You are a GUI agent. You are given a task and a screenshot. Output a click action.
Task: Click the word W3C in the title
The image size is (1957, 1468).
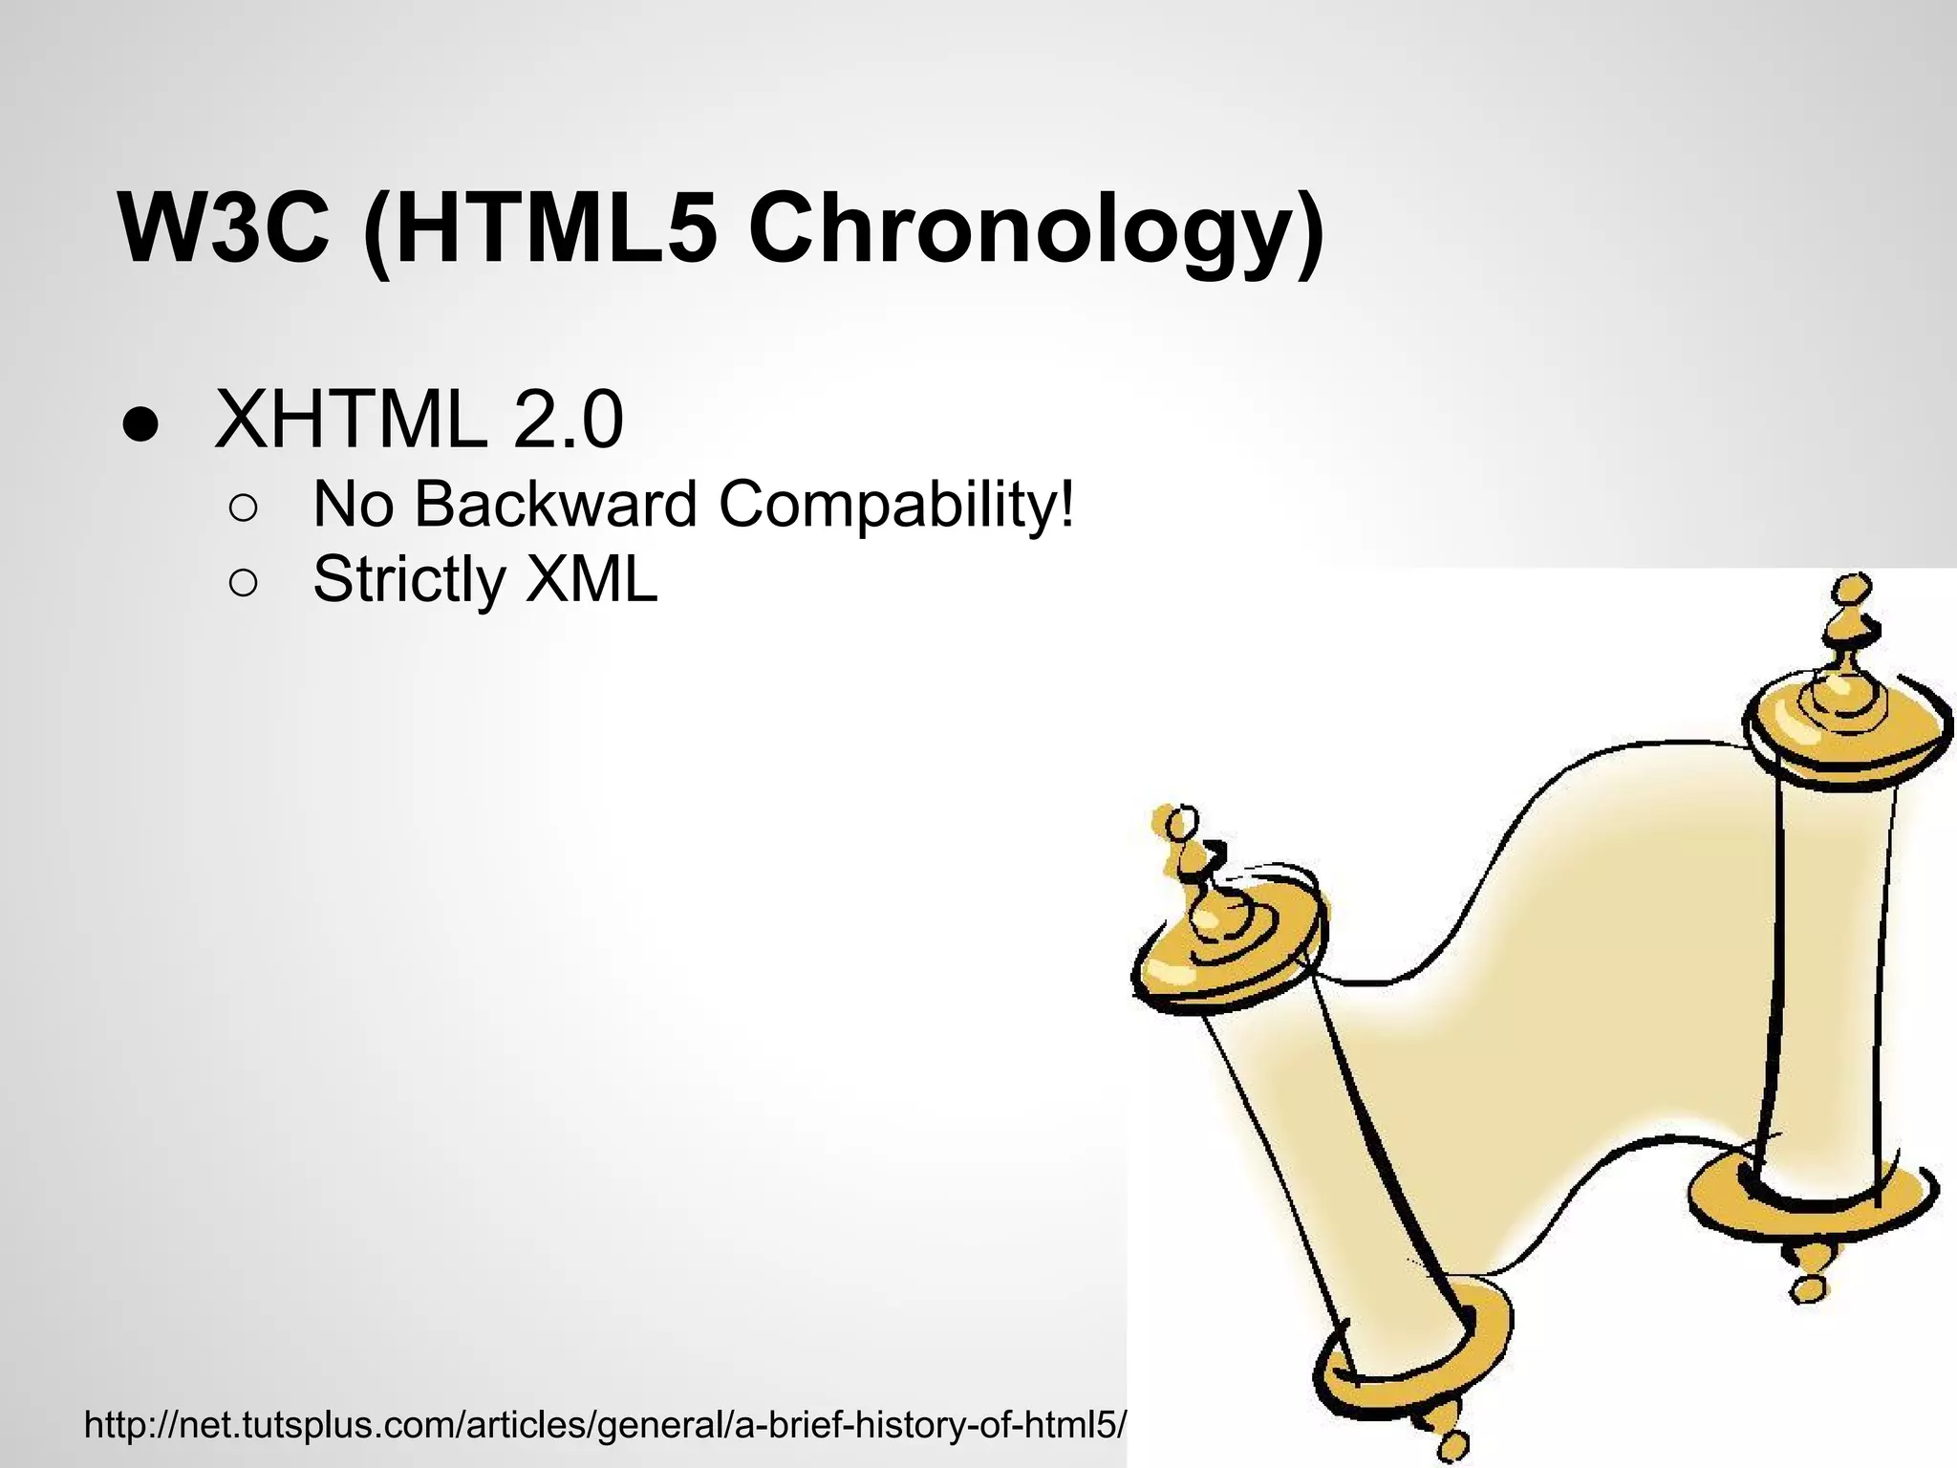224,229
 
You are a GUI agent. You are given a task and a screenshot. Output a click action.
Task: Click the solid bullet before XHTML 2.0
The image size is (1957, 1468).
140,423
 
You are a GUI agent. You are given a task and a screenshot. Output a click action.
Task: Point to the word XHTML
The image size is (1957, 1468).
350,420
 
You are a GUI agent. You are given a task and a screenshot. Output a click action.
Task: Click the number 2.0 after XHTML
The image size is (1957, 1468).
569,420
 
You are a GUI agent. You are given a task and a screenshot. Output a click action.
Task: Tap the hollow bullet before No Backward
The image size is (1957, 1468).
243,507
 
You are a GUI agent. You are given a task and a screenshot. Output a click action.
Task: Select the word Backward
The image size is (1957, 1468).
555,504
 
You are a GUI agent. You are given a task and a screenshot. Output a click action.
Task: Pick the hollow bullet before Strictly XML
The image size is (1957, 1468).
243,582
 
